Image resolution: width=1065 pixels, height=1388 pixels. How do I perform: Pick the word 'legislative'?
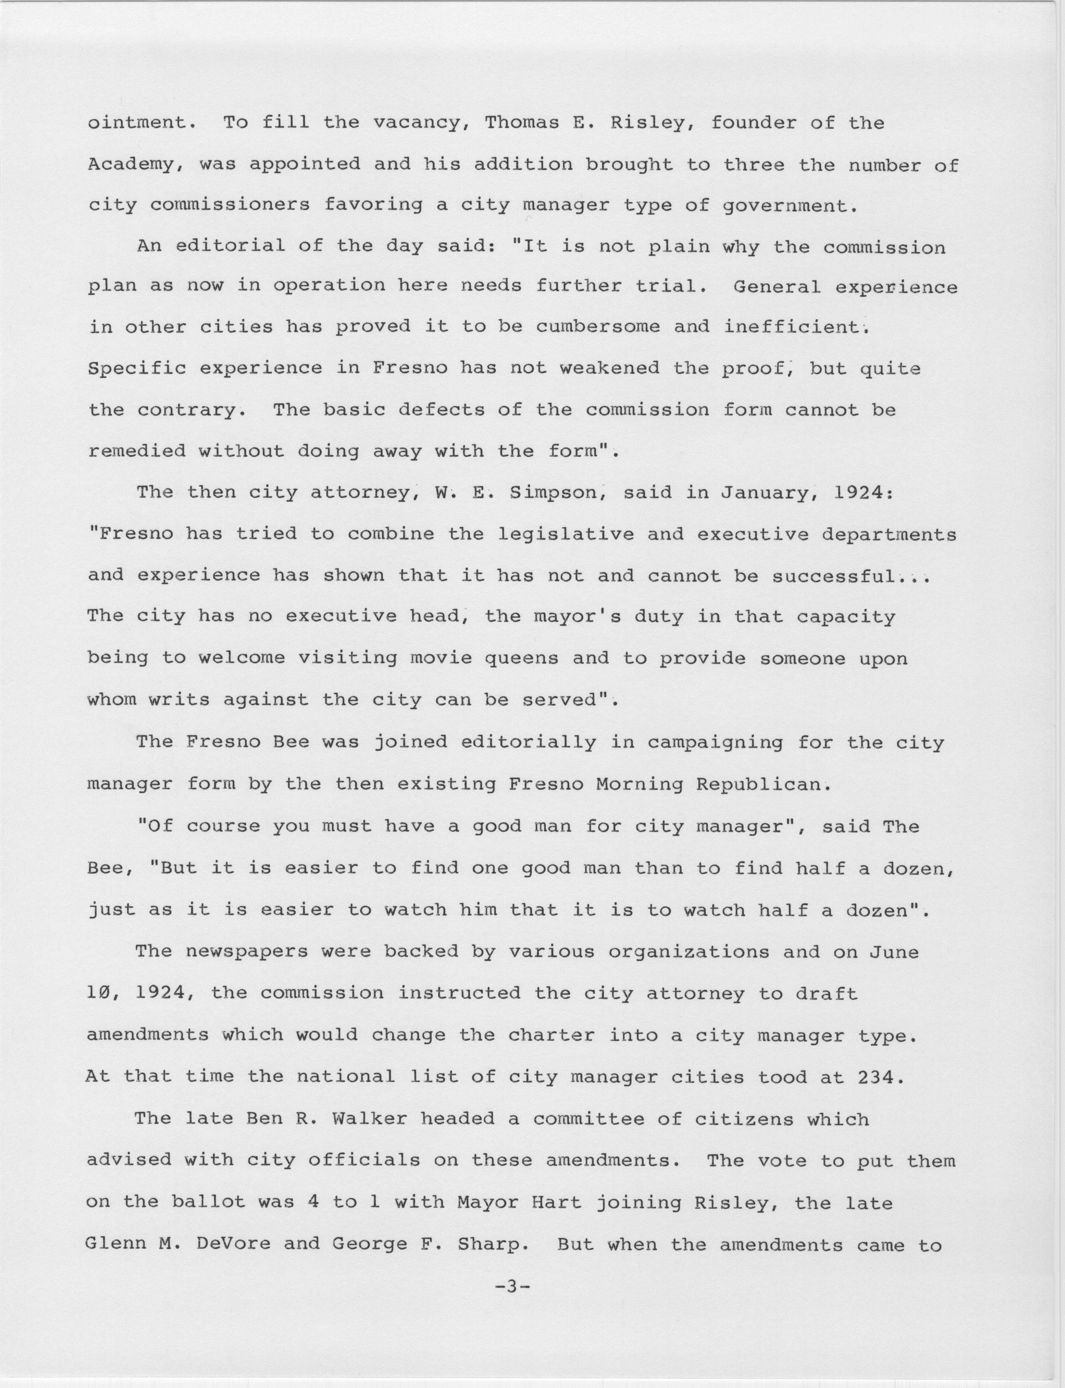(565, 534)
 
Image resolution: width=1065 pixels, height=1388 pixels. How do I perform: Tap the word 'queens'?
(521, 659)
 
